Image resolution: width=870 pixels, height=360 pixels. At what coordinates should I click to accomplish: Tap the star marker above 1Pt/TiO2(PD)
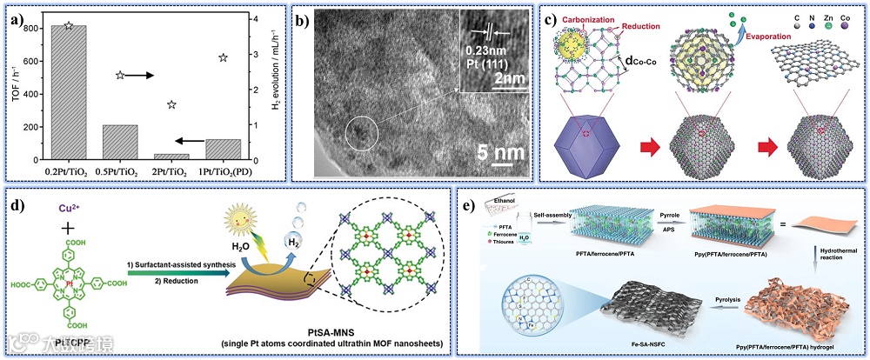223,57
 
